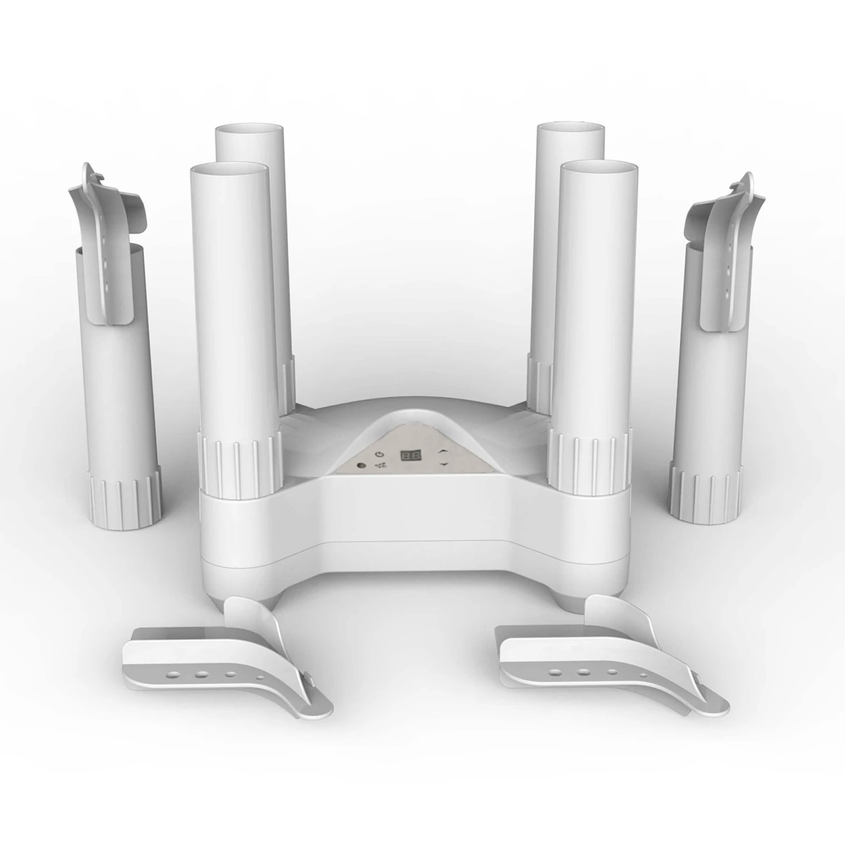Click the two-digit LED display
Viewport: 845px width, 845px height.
411,455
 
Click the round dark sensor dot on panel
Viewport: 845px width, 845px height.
361,465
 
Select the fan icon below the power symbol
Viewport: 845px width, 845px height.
381,466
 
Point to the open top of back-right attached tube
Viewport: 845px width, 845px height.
570,130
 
